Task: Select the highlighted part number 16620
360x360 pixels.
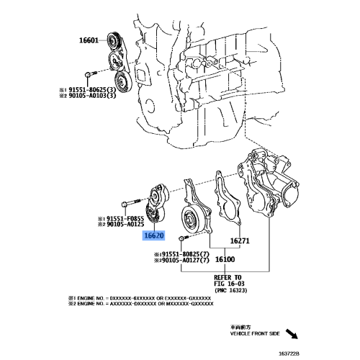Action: pyautogui.click(x=154, y=235)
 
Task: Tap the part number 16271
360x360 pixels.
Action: pyautogui.click(x=240, y=241)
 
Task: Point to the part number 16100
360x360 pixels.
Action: pyautogui.click(x=228, y=258)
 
